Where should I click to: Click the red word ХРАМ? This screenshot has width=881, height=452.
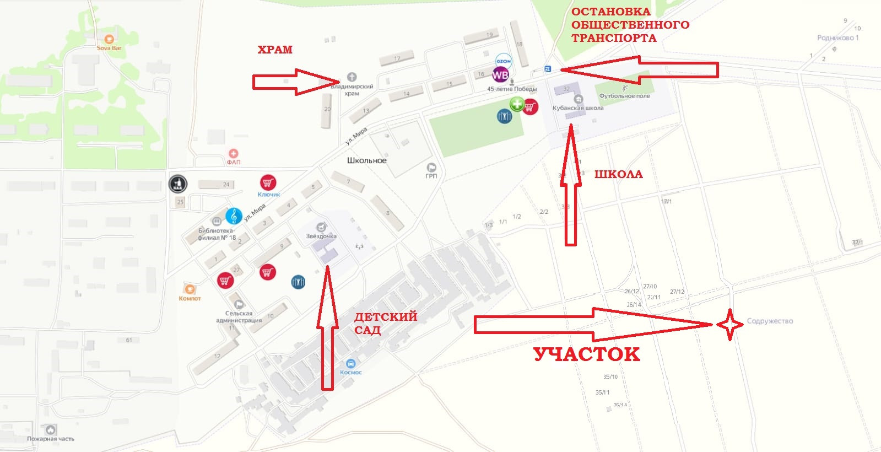click(275, 50)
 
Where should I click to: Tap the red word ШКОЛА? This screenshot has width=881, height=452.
click(618, 174)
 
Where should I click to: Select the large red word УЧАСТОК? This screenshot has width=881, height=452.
click(587, 354)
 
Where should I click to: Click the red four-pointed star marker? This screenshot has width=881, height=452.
click(730, 325)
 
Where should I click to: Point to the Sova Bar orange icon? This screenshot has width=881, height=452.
click(109, 39)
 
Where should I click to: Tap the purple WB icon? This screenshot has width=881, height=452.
click(500, 75)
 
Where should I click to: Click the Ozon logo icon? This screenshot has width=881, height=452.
click(504, 61)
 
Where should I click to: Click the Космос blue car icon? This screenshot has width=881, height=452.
click(350, 364)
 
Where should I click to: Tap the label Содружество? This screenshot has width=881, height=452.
click(770, 321)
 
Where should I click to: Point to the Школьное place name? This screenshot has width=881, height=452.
click(366, 160)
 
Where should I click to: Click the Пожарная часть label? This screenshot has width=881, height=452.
click(51, 439)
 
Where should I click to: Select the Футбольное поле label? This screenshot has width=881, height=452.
click(624, 96)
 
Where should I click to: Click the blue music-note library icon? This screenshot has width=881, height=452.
click(234, 216)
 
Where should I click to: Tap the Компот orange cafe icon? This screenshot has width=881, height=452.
click(190, 289)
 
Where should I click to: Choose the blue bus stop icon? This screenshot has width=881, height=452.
click(548, 69)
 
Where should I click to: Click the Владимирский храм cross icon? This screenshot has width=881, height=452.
click(352, 77)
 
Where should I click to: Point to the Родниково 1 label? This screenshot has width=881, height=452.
click(837, 38)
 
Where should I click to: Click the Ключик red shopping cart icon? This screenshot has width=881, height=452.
click(268, 182)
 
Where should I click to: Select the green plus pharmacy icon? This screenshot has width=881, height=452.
click(517, 104)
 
